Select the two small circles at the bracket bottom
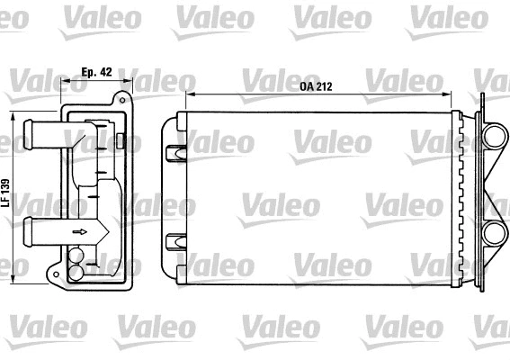pyautogui.click(x=76, y=266)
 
